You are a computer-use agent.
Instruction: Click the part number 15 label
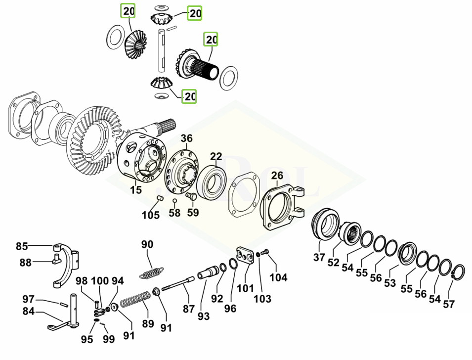[x=136, y=190]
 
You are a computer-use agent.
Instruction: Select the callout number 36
[x=186, y=138]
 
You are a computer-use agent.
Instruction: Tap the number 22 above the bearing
[x=216, y=157]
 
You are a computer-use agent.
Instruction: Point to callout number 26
[x=277, y=175]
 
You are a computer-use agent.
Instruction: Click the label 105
[x=151, y=215]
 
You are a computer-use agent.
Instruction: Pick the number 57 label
[x=448, y=304]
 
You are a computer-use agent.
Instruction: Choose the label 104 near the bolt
[x=278, y=277]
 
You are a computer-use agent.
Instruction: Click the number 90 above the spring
[x=147, y=244]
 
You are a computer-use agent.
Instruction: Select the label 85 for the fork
[x=22, y=246]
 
